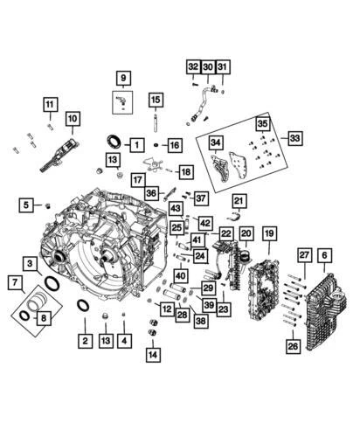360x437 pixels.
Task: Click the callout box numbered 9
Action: [x=123, y=79]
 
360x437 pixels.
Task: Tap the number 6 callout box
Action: [x=324, y=254]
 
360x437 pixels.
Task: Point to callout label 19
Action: [x=269, y=233]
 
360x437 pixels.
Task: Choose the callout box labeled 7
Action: [x=14, y=283]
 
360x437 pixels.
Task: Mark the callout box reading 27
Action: [x=304, y=254]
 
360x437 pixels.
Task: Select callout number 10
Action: [x=72, y=117]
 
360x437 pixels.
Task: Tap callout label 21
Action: [x=239, y=201]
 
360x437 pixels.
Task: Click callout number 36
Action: [x=152, y=193]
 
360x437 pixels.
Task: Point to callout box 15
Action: [x=156, y=99]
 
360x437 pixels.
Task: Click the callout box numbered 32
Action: [x=191, y=66]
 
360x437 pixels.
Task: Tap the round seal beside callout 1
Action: [x=114, y=142]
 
